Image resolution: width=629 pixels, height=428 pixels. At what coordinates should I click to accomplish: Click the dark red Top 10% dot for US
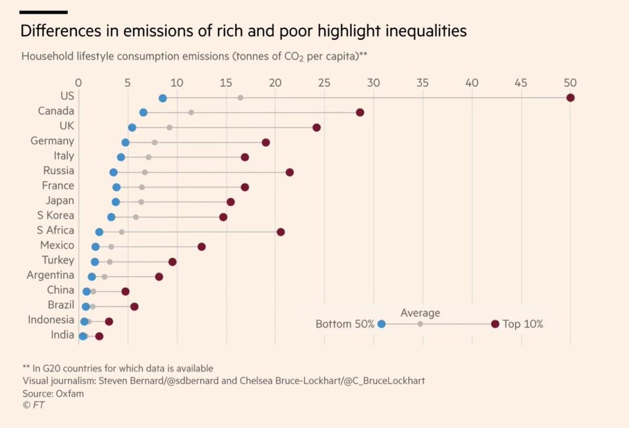point(570,98)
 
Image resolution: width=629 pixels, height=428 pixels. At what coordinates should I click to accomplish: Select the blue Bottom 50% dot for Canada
point(143,113)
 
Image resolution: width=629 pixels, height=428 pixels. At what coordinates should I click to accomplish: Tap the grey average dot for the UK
point(169,127)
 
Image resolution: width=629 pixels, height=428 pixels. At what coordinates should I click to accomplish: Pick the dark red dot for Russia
point(289,172)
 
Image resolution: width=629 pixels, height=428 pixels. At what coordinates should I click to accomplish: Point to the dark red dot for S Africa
point(280,232)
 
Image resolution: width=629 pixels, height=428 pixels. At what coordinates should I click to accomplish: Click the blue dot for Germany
point(125,142)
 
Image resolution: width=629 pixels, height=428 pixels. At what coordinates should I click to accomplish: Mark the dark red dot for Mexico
point(201,247)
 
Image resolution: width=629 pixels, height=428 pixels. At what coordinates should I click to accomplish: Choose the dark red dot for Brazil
point(134,306)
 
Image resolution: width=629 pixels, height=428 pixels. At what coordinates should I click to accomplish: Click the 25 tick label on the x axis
point(324,83)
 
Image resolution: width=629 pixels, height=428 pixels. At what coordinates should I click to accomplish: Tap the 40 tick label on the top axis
point(472,83)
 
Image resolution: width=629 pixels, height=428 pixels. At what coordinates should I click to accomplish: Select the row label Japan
point(59,201)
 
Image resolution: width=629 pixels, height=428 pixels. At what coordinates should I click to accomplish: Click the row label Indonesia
point(51,320)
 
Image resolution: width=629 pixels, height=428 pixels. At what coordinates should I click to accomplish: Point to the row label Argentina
point(50,275)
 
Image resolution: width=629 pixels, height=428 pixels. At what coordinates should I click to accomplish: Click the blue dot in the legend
point(381,324)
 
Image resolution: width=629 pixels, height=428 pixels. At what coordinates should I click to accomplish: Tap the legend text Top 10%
point(523,324)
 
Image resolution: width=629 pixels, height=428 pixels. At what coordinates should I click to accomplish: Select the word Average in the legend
point(420,313)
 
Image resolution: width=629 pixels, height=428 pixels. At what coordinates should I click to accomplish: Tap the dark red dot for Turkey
point(172,262)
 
